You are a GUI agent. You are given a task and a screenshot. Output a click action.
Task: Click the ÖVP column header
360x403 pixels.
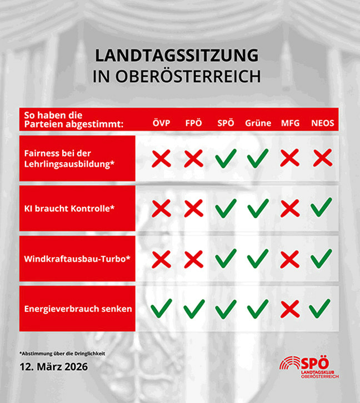pyautogui.click(x=162, y=123)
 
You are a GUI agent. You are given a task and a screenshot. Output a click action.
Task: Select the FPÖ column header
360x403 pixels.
pyautogui.click(x=194, y=123)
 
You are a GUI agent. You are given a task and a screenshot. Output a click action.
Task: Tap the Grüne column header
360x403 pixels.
pyautogui.click(x=258, y=123)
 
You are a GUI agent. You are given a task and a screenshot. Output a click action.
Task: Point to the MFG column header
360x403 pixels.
pyautogui.click(x=290, y=123)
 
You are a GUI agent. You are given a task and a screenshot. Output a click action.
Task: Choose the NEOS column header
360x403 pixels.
pyautogui.click(x=322, y=123)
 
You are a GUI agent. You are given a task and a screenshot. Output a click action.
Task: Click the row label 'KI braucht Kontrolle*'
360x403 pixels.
pyautogui.click(x=69, y=208)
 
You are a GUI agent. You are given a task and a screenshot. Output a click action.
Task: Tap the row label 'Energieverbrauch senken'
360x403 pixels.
pyautogui.click(x=78, y=309)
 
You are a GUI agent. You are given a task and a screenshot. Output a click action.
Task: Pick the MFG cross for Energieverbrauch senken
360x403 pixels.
pyautogui.click(x=290, y=309)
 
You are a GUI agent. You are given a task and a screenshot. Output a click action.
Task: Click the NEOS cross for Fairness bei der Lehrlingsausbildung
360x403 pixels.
pyautogui.click(x=322, y=158)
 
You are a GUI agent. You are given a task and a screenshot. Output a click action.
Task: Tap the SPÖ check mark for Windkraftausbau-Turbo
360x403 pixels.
pyautogui.click(x=226, y=258)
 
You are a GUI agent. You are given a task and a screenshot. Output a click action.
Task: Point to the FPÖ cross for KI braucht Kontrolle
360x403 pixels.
pyautogui.click(x=194, y=208)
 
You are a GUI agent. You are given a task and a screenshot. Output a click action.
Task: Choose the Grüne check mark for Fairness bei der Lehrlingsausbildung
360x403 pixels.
pyautogui.click(x=258, y=158)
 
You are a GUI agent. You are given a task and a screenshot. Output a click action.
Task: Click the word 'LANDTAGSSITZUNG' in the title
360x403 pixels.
pyautogui.click(x=177, y=56)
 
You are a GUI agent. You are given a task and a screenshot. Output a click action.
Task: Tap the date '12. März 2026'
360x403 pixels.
pyautogui.click(x=53, y=367)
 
